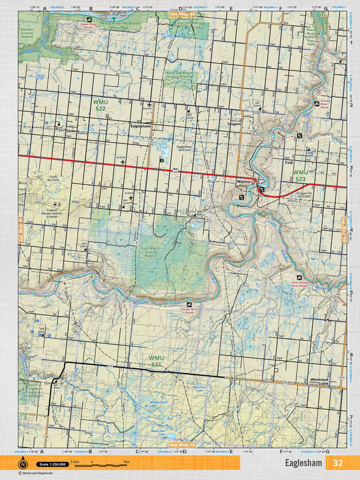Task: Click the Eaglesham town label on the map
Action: coord(140,127)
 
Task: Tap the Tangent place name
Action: coord(233,124)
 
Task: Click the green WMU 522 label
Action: coord(100,105)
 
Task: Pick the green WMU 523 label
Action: coord(300,175)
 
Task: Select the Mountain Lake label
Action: coord(200,389)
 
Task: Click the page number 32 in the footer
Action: coord(337,464)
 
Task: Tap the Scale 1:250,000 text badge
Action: coord(51,464)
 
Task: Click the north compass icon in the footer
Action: coord(23,464)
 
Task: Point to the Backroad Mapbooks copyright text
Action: coord(38,473)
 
